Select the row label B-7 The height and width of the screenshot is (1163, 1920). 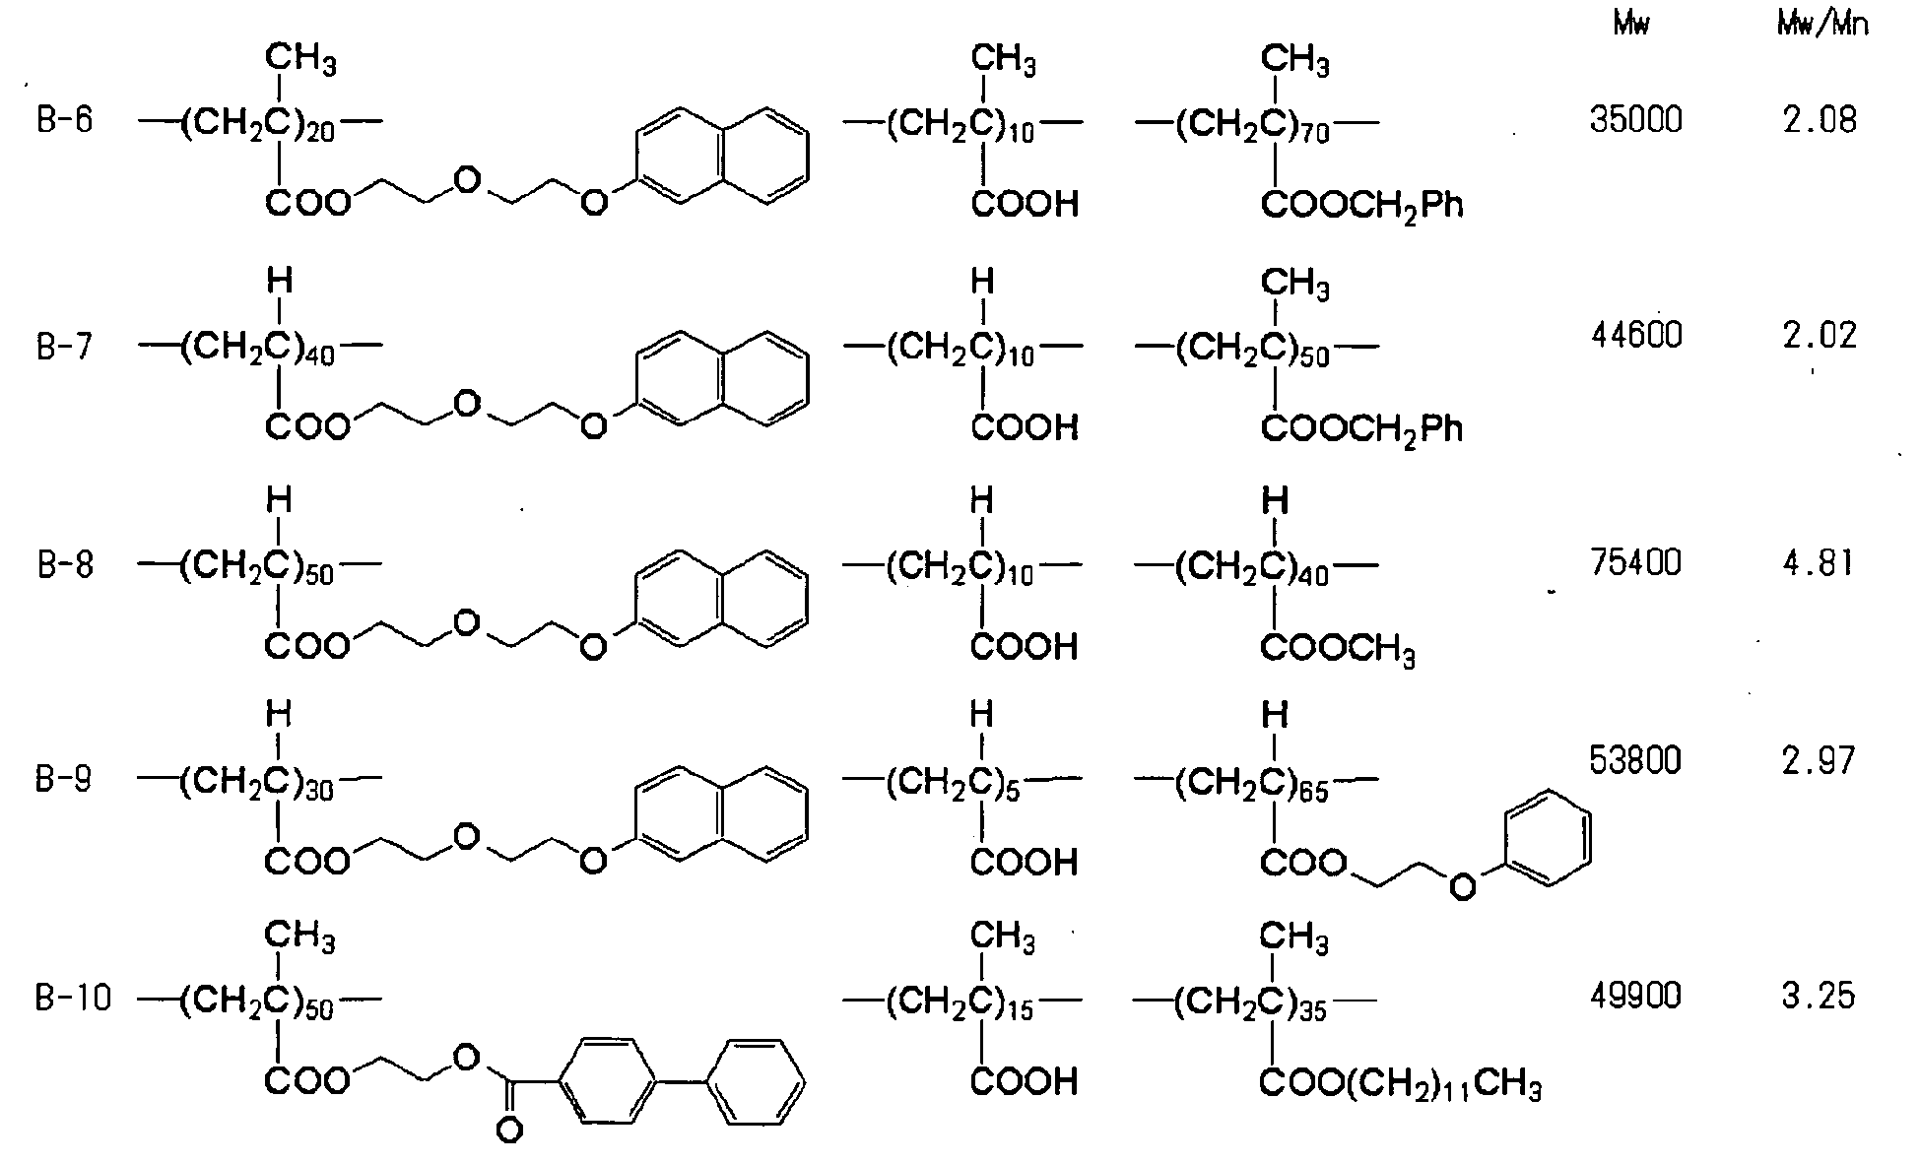coord(65,348)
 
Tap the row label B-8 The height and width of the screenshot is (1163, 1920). coord(65,566)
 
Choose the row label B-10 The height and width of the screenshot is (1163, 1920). coord(74,999)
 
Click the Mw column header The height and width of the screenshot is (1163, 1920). coord(1631,25)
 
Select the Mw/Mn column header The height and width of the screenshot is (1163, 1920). coord(1822,25)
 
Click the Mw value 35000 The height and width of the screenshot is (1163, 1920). coord(1636,120)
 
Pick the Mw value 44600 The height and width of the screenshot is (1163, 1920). coord(1636,336)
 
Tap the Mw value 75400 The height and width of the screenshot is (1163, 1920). coord(1636,562)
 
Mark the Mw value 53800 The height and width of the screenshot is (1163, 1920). coord(1636,760)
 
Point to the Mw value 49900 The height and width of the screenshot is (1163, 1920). coord(1636,996)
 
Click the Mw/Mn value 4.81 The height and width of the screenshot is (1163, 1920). coord(1819,562)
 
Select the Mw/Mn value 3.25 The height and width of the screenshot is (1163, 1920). coord(1819,996)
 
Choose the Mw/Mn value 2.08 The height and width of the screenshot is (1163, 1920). coord(1819,120)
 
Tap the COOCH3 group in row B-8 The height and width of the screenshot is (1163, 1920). coord(1338,649)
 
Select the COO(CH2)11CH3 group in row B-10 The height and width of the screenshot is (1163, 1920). coord(1401,1085)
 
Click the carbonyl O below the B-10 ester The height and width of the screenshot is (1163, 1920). coord(509,1131)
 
